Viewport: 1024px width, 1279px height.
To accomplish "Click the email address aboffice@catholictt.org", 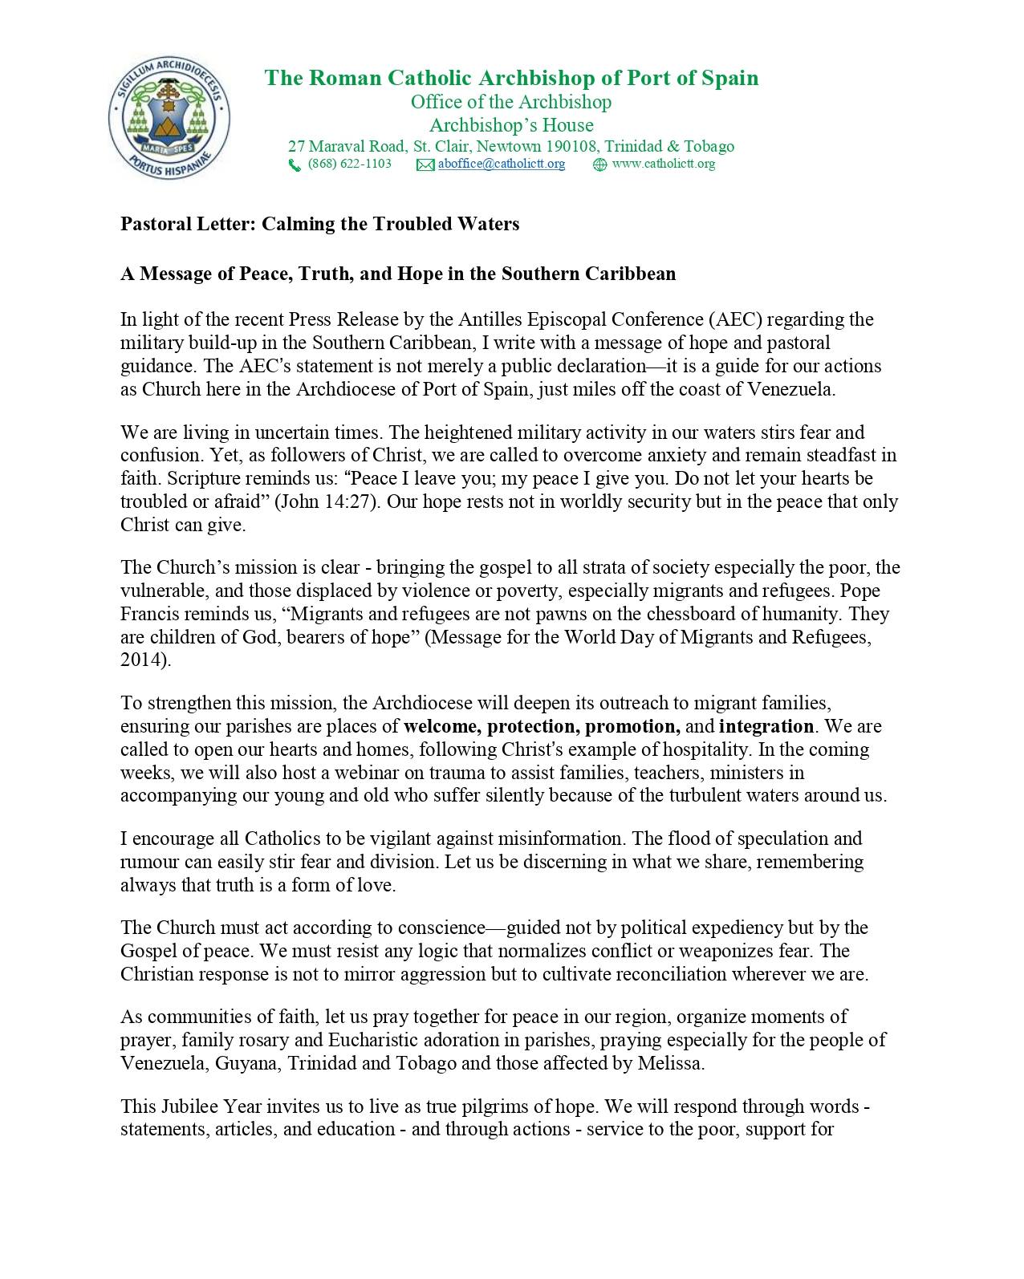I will click(502, 164).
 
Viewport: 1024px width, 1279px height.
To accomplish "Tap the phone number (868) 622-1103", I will click(350, 164).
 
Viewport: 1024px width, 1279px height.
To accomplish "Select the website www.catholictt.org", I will click(663, 164).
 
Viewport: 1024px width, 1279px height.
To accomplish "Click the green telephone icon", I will click(295, 165).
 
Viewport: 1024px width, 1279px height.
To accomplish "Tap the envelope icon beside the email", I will click(425, 165).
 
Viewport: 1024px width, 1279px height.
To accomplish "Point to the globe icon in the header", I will click(599, 165).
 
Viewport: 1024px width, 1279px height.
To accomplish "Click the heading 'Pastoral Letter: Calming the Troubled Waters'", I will click(319, 224).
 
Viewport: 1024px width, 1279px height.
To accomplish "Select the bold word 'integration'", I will click(766, 727).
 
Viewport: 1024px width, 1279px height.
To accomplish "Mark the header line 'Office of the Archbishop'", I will click(511, 103).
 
